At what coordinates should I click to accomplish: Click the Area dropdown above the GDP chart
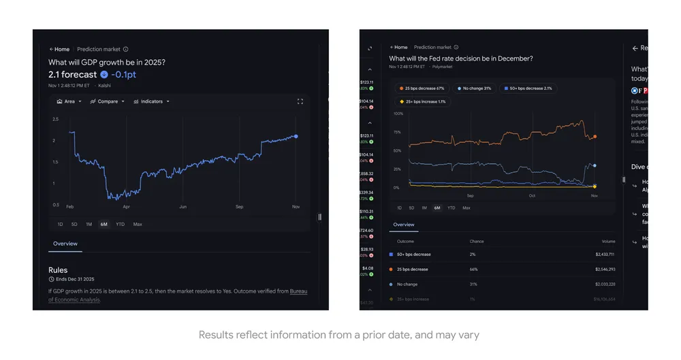pos(69,101)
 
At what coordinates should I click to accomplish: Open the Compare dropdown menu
pos(108,101)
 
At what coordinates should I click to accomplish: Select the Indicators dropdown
pos(151,101)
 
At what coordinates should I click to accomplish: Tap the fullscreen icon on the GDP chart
pos(300,101)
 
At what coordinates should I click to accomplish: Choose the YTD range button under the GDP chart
pos(120,224)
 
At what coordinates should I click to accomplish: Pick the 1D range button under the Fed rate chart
pos(400,208)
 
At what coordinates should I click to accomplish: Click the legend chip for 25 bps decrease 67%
pos(422,88)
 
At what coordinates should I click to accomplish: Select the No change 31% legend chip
pos(475,88)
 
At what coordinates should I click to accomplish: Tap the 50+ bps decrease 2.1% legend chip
pos(529,88)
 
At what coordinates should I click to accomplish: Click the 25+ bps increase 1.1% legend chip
pos(422,101)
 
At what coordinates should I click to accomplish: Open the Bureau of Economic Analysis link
pos(298,291)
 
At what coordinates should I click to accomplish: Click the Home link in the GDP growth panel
pos(59,49)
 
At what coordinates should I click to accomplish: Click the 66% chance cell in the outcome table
pos(473,269)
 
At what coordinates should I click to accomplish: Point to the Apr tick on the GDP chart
pos(126,206)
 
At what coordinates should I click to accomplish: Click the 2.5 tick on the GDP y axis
pos(55,119)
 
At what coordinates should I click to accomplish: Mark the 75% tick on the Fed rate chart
pos(398,132)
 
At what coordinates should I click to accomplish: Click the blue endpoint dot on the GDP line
pos(296,136)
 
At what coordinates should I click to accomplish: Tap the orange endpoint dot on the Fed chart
pos(595,137)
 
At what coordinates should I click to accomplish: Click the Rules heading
pos(58,270)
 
